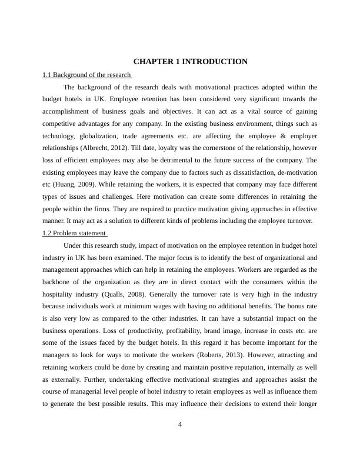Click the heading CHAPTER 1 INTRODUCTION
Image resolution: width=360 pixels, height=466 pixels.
[190, 62]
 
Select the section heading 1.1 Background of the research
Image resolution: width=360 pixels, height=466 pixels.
[86, 75]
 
